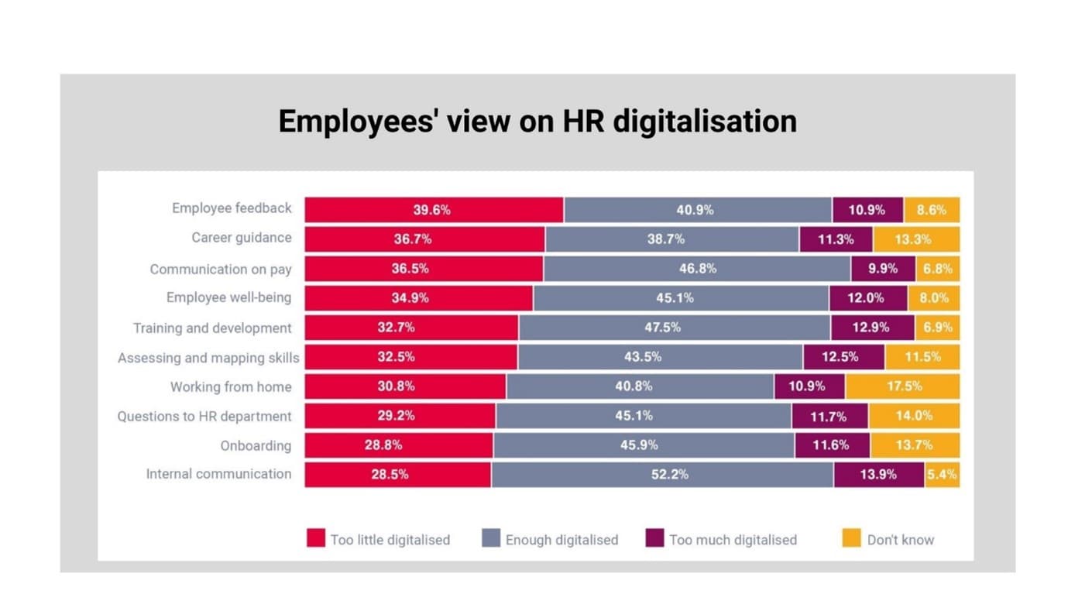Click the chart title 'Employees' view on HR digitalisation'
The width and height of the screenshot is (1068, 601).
click(537, 122)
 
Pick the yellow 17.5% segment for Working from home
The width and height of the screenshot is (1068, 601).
click(902, 386)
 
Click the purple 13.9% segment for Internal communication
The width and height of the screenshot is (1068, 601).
click(878, 475)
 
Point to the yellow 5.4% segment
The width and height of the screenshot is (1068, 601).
click(942, 475)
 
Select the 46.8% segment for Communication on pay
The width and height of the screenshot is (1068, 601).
click(697, 269)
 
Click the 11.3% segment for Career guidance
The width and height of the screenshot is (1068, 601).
click(836, 239)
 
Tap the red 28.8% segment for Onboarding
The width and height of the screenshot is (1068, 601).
click(398, 445)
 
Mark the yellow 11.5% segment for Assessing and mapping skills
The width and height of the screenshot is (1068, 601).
click(922, 357)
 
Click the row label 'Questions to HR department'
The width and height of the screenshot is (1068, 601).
click(204, 417)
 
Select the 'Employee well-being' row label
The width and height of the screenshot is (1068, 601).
click(228, 298)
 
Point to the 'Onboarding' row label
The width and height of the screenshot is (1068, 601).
click(256, 446)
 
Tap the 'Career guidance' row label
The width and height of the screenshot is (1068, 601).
click(242, 238)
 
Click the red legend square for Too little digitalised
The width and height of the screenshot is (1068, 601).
click(315, 538)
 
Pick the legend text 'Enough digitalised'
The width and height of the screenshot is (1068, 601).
click(561, 540)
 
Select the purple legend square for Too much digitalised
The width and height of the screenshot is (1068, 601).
click(654, 538)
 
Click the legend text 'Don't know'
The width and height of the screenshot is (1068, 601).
click(900, 540)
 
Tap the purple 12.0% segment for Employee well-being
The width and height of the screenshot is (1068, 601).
click(867, 298)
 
